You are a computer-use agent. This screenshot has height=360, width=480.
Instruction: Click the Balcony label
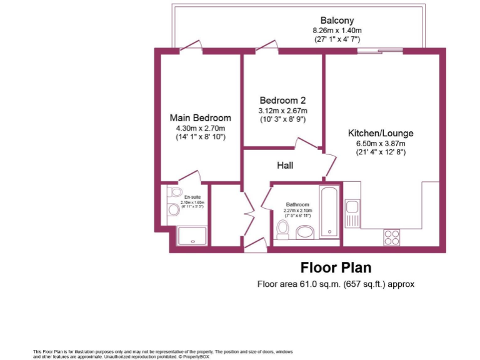point(337,19)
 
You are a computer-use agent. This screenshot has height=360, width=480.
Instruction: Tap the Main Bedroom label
point(200,117)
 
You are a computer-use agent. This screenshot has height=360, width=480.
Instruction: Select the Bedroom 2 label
point(282,100)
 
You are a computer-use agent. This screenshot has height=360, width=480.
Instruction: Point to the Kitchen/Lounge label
point(381,133)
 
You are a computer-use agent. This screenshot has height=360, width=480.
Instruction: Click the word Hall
point(285,166)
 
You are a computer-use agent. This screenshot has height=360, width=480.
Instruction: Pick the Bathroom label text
point(297,204)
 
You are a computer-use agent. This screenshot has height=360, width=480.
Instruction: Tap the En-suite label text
point(192,197)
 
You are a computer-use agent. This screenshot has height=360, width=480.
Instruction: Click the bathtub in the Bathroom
point(329,211)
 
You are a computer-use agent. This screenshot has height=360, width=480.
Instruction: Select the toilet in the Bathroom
point(282,229)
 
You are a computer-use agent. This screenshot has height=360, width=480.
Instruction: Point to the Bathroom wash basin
point(306,232)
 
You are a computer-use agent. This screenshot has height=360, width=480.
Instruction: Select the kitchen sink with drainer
point(353,213)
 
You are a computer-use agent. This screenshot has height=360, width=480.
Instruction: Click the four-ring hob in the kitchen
point(391,237)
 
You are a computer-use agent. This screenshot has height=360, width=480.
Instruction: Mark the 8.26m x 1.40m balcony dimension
point(337,29)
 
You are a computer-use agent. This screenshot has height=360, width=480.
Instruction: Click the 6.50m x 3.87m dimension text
point(381,143)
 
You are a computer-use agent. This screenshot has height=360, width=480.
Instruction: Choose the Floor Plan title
point(336,267)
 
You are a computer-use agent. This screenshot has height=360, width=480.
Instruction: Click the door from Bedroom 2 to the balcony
point(267,47)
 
